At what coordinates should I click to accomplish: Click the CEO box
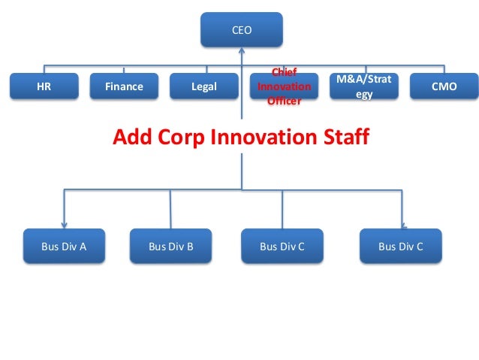point(241,31)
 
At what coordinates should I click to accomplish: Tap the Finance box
point(124,86)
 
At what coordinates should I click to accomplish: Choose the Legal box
point(204,86)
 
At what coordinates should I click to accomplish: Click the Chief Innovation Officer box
point(284,86)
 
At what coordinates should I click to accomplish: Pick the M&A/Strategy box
point(364,86)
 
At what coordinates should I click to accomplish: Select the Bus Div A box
point(64,246)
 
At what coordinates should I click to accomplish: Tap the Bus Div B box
point(170,246)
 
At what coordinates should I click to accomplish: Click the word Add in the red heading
point(132,138)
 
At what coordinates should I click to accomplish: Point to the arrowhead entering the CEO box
point(242,52)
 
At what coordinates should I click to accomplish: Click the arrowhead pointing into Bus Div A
point(64,222)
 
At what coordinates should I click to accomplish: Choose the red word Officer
point(284,100)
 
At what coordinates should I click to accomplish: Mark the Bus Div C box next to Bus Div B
point(282,246)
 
